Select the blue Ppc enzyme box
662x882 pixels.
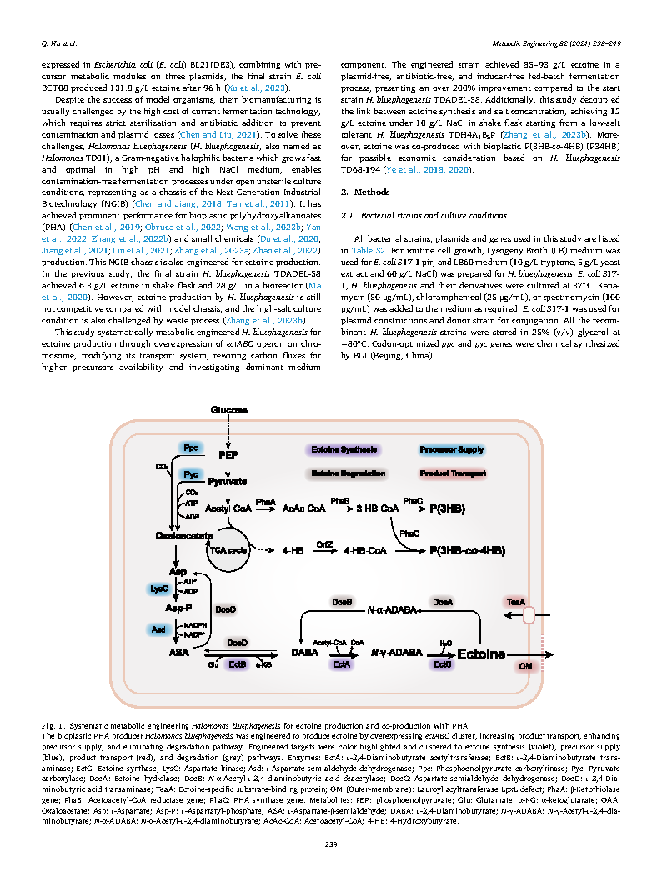(x=191, y=448)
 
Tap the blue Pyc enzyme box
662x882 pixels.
(x=191, y=474)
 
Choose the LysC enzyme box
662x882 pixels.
(x=159, y=589)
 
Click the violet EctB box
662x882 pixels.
(x=237, y=664)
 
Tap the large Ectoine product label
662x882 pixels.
(x=481, y=654)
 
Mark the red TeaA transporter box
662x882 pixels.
(x=515, y=601)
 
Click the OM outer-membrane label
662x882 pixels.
(x=525, y=667)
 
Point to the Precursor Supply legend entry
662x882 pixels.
(x=451, y=449)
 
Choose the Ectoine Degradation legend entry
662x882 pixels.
(x=344, y=473)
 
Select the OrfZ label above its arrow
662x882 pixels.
(x=325, y=544)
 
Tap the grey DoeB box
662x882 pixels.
(x=342, y=601)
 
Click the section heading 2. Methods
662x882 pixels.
(x=365, y=193)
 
